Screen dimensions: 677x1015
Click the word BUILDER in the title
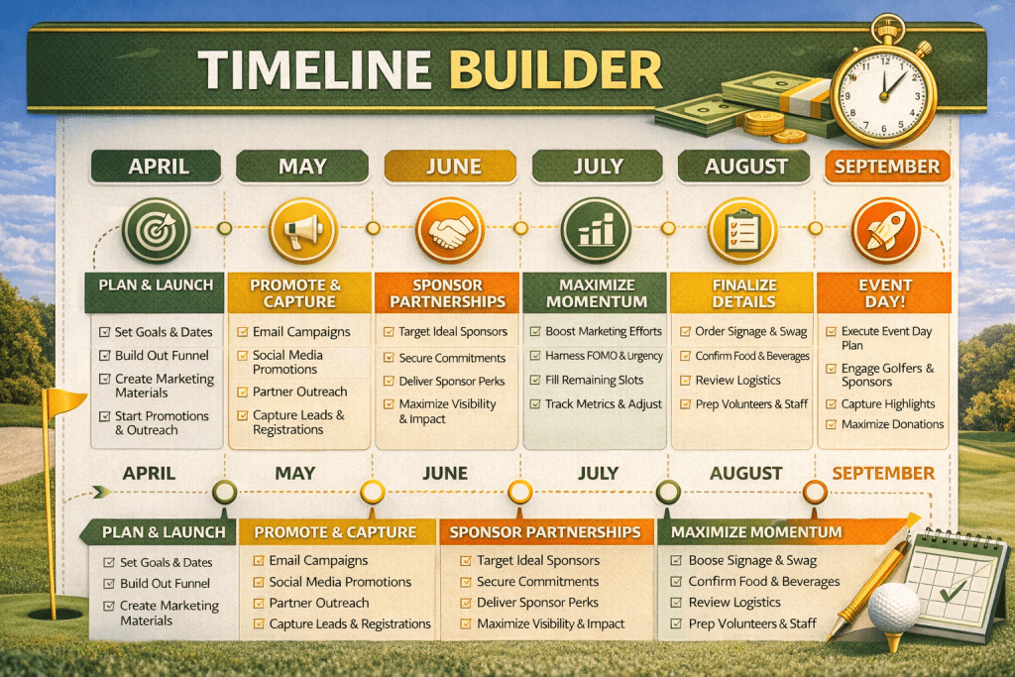point(554,71)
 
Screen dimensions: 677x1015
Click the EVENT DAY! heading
point(885,293)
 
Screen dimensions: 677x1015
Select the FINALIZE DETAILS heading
point(741,293)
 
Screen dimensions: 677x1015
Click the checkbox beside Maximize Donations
point(830,425)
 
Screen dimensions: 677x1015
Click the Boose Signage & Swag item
point(751,560)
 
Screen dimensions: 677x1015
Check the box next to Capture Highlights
point(830,404)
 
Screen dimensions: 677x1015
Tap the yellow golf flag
point(68,402)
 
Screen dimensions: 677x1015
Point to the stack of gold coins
point(764,125)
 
